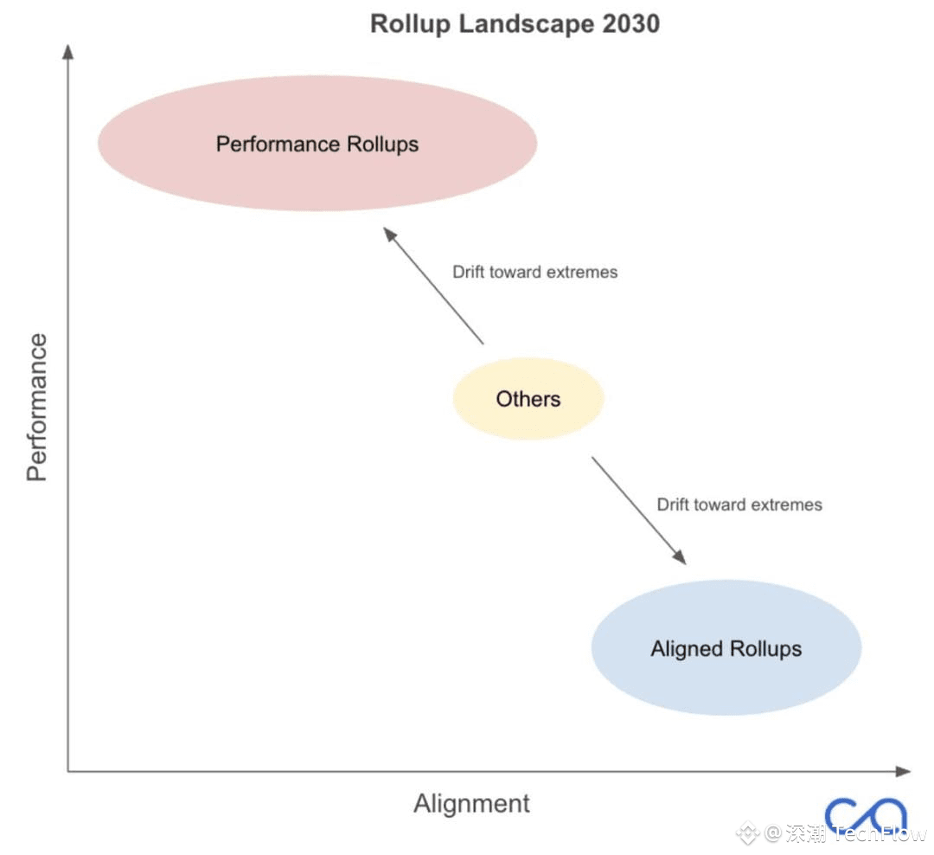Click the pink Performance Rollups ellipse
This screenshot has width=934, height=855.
317,143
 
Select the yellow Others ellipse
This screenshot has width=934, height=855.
528,399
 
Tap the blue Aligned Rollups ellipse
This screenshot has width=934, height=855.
726,647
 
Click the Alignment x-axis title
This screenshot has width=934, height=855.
472,803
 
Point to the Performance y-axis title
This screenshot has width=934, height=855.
37,408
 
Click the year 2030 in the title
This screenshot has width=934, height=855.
630,24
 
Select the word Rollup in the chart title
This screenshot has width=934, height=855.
410,25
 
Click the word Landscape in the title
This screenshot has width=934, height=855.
526,25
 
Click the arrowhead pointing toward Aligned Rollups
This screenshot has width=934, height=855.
680,557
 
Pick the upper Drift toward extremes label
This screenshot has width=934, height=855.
535,272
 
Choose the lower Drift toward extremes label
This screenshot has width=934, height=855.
739,505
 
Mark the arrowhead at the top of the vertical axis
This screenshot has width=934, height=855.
68,52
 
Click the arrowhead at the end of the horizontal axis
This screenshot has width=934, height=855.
903,771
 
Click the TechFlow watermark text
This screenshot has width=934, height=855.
880,832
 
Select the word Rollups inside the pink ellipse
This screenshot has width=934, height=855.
382,145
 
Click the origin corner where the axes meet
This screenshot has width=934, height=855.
68,771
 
